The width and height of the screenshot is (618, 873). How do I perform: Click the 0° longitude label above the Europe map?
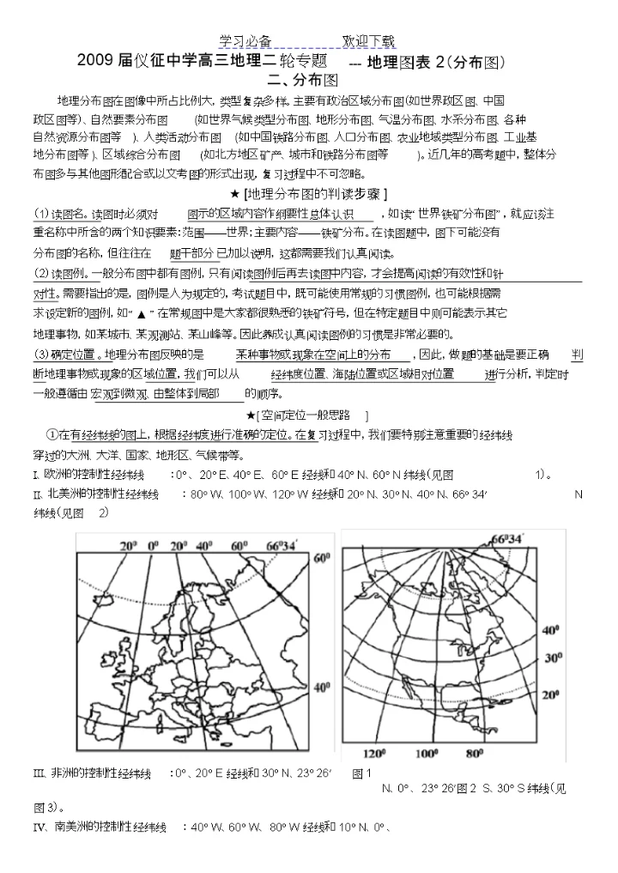click(x=154, y=545)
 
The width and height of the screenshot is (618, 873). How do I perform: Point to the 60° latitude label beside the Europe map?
click(x=322, y=559)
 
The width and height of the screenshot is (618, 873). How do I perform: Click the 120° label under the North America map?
click(x=374, y=755)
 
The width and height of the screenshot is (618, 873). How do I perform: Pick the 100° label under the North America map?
click(x=427, y=755)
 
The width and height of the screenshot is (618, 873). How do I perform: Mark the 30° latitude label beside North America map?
click(x=553, y=657)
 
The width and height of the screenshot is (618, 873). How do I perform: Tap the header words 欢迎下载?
click(x=369, y=41)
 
